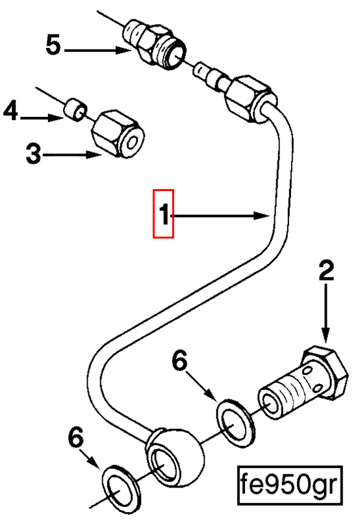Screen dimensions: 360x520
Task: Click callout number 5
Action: pyautogui.click(x=53, y=45)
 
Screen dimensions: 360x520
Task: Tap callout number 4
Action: pyautogui.click(x=10, y=111)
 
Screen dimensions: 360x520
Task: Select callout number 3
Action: pyautogui.click(x=34, y=153)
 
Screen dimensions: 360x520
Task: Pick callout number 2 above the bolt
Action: pyautogui.click(x=326, y=271)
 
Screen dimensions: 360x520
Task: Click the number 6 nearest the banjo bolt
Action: pyautogui.click(x=181, y=361)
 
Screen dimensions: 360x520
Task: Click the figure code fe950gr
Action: pyautogui.click(x=289, y=485)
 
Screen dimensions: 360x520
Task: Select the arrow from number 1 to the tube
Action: pyautogui.click(x=220, y=216)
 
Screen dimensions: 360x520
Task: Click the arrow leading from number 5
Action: pyautogui.click(x=97, y=51)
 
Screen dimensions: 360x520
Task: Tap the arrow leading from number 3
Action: pyautogui.click(x=72, y=155)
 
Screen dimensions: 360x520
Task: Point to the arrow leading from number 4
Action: pyautogui.click(x=42, y=118)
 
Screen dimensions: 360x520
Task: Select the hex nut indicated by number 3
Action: pyautogui.click(x=118, y=134)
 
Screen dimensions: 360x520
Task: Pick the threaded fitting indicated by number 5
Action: pyautogui.click(x=154, y=44)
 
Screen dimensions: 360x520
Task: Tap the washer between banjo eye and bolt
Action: pyautogui.click(x=236, y=424)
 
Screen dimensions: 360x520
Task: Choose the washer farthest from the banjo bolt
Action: pyautogui.click(x=121, y=487)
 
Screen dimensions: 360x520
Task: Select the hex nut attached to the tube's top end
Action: pyautogui.click(x=250, y=99)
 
